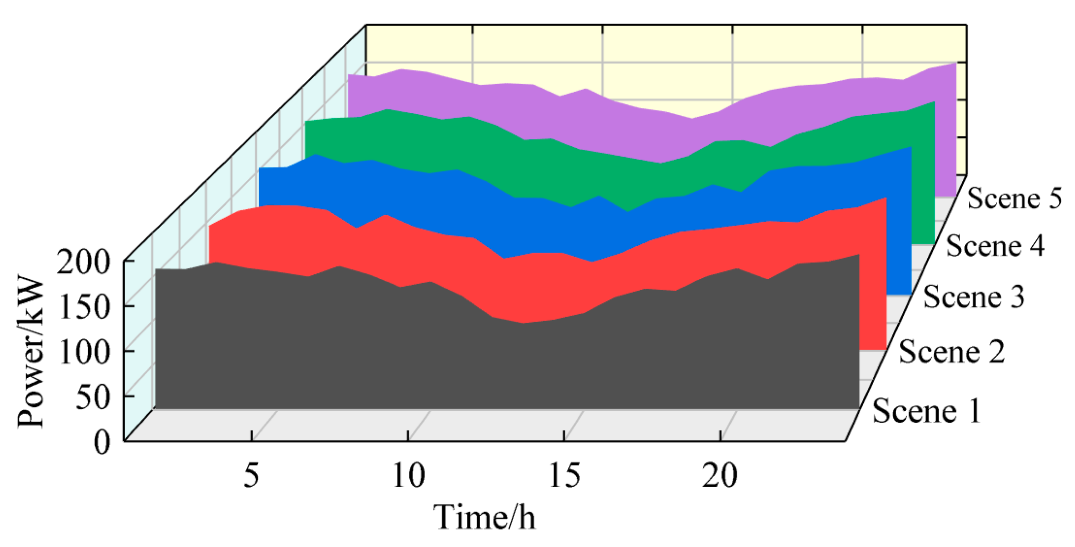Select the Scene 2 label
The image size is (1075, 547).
pyautogui.click(x=952, y=352)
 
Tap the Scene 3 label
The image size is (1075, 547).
pyautogui.click(x=974, y=296)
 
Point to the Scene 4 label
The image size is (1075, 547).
pyautogui.click(x=995, y=246)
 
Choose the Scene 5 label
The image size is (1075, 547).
pyautogui.click(x=1014, y=198)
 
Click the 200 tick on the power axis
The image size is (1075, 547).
pyautogui.click(x=84, y=262)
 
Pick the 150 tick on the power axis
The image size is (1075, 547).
pyautogui.click(x=84, y=307)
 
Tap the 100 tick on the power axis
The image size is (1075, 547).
pyautogui.click(x=84, y=352)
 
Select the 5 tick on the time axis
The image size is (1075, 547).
pyautogui.click(x=252, y=476)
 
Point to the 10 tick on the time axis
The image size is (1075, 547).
pyautogui.click(x=408, y=476)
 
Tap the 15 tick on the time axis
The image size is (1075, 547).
pyautogui.click(x=564, y=476)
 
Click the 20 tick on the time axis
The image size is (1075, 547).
pyautogui.click(x=720, y=476)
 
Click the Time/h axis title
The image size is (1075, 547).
pyautogui.click(x=484, y=518)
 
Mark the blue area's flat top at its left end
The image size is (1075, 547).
pyautogui.click(x=273, y=168)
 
